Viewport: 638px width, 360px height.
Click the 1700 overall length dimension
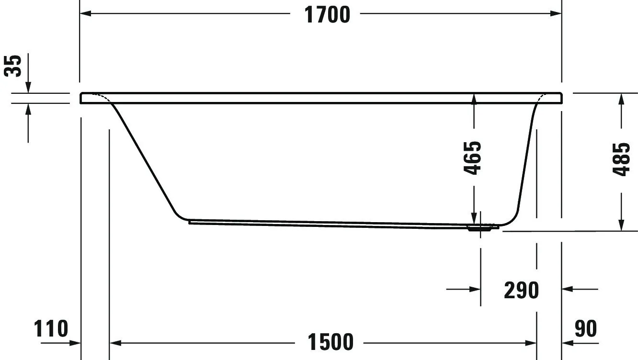(x=328, y=15)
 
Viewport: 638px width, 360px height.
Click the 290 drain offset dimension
(x=521, y=290)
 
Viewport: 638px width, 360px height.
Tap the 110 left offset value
(x=51, y=329)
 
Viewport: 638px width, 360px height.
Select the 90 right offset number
(x=585, y=329)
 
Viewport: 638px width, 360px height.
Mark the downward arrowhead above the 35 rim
(x=28, y=87)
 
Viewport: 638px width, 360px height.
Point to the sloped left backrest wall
(x=144, y=158)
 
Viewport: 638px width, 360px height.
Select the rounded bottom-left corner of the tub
(x=178, y=214)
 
